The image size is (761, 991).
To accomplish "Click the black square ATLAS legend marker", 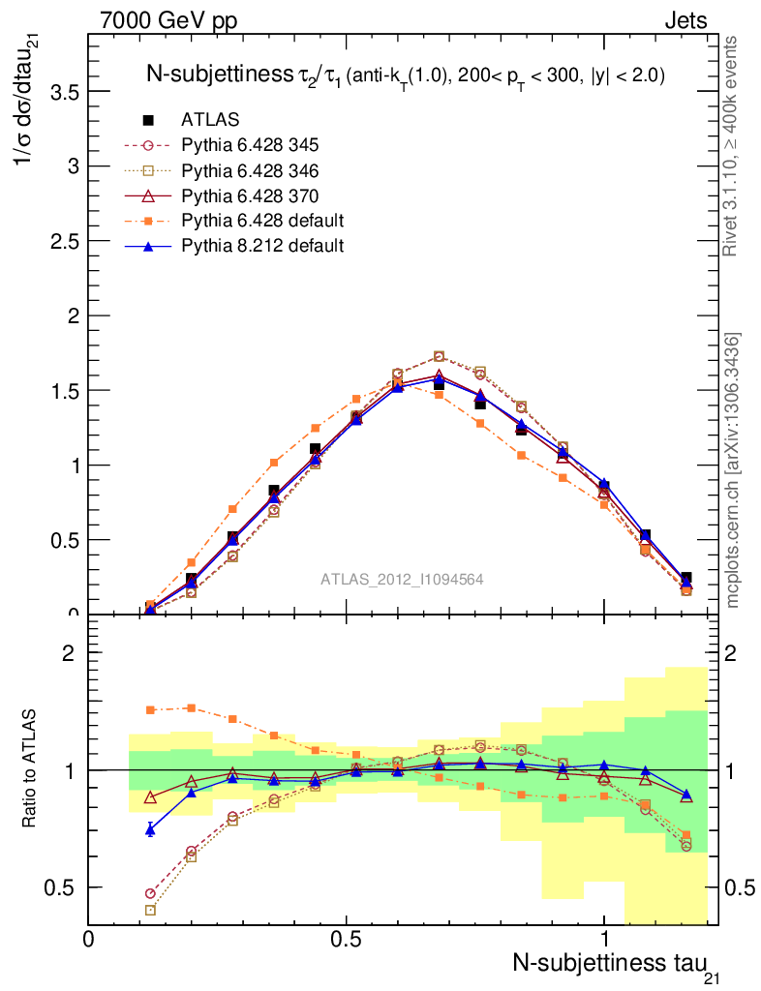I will (x=149, y=120).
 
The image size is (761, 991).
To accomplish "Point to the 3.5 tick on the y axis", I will (x=65, y=92).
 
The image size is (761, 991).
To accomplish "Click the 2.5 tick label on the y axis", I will (x=65, y=241).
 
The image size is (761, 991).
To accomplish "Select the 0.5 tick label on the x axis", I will (x=346, y=940).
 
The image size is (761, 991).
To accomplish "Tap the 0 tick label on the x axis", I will (x=89, y=940).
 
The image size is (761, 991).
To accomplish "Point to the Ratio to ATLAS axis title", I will (x=30, y=769).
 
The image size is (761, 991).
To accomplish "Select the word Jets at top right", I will (x=685, y=20).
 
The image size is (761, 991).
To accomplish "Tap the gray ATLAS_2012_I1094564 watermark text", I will (x=403, y=579).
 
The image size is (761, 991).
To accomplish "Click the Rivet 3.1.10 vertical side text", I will (x=733, y=145).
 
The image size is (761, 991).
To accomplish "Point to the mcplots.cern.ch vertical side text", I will (x=733, y=469).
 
